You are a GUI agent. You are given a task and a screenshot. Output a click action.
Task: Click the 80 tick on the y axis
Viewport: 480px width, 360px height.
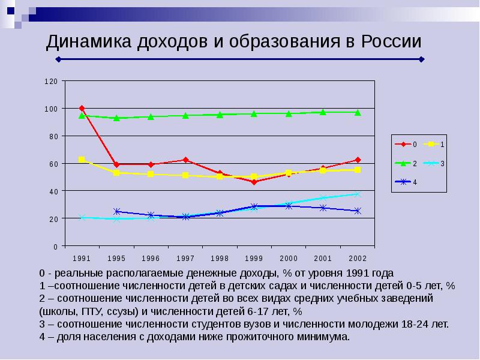(x=53, y=136)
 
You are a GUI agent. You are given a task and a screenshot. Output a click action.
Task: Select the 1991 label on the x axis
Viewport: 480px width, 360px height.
(x=82, y=258)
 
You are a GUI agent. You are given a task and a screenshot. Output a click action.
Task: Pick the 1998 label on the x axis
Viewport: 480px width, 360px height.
(x=220, y=258)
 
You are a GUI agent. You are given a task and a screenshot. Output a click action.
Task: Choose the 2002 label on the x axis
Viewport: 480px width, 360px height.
(x=358, y=258)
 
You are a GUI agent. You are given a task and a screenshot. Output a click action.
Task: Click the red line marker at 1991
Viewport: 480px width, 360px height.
(x=82, y=109)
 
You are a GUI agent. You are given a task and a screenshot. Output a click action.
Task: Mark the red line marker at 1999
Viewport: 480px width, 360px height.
(x=254, y=182)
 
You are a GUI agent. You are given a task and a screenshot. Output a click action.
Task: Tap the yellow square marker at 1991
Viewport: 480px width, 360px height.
(x=82, y=160)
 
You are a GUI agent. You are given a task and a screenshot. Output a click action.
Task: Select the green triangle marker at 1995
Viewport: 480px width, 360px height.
(x=116, y=118)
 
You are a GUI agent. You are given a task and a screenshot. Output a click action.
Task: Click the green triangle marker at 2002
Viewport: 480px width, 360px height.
(x=358, y=112)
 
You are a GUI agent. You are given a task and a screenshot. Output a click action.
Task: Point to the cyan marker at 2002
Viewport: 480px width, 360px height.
(x=358, y=194)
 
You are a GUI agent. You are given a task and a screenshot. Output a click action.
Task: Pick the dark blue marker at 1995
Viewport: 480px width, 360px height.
(x=116, y=211)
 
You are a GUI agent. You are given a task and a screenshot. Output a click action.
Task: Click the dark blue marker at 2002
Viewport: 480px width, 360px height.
(x=358, y=211)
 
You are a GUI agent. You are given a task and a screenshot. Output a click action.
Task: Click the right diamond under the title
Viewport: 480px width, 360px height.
(x=422, y=59)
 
